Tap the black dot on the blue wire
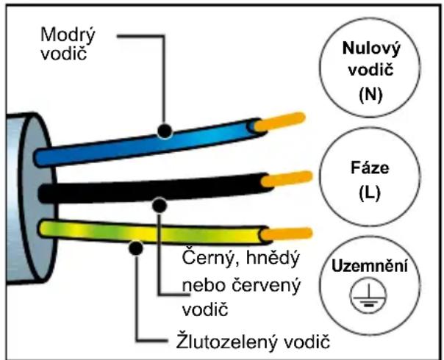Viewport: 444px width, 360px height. point(165,131)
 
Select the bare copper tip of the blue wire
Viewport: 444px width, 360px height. point(279,122)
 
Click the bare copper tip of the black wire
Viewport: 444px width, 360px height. point(286,179)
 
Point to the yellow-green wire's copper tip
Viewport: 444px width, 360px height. point(286,234)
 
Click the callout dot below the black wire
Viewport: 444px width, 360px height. point(160,205)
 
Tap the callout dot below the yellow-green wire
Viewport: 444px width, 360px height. point(136,248)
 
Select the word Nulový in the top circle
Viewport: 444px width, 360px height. point(371,48)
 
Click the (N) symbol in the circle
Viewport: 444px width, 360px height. point(370,95)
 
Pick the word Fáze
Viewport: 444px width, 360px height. point(370,168)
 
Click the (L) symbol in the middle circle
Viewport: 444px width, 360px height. point(370,193)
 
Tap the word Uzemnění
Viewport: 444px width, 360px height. point(370,266)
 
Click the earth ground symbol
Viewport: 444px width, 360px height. point(368,296)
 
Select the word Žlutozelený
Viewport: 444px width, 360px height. point(227,342)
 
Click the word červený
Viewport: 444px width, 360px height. point(265,285)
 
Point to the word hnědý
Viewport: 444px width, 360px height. point(273,258)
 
